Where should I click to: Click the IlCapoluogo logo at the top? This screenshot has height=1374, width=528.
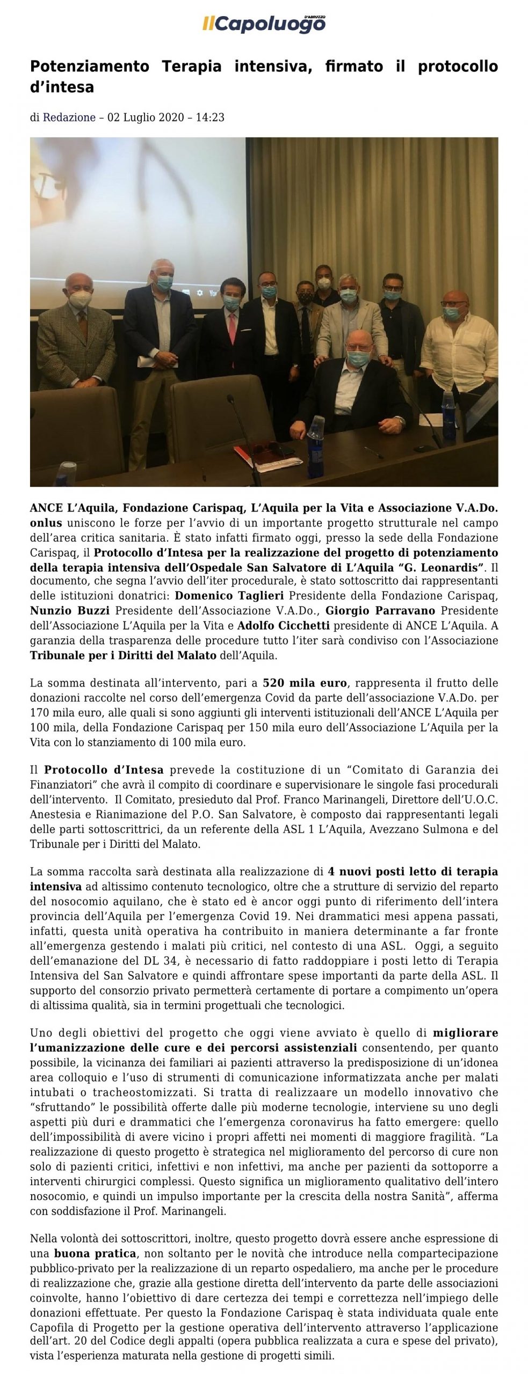click(264, 23)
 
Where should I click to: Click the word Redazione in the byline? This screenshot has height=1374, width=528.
click(69, 117)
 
